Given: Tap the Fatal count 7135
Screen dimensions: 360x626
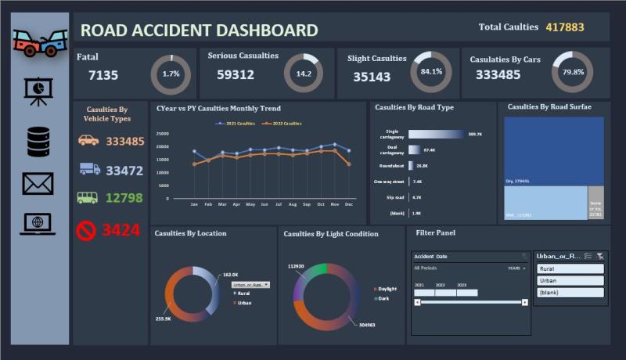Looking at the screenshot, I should tap(103, 75).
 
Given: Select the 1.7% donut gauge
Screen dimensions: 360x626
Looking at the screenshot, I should tap(171, 74).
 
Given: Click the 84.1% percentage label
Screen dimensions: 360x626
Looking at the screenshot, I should tap(431, 71).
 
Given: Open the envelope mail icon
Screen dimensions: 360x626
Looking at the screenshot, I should tap(38, 184).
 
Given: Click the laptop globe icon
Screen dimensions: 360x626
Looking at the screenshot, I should tap(38, 224).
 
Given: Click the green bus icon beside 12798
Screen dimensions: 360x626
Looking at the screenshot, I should tap(88, 198).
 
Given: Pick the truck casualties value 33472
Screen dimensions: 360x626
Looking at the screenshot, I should tap(124, 170).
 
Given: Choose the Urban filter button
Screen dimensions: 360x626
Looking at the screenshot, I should tap(570, 280).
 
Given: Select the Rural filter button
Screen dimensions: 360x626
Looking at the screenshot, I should tap(570, 268).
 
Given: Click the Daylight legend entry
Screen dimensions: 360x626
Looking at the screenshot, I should tap(387, 290).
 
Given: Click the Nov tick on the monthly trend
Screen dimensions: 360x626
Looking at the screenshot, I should tap(334, 203).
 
